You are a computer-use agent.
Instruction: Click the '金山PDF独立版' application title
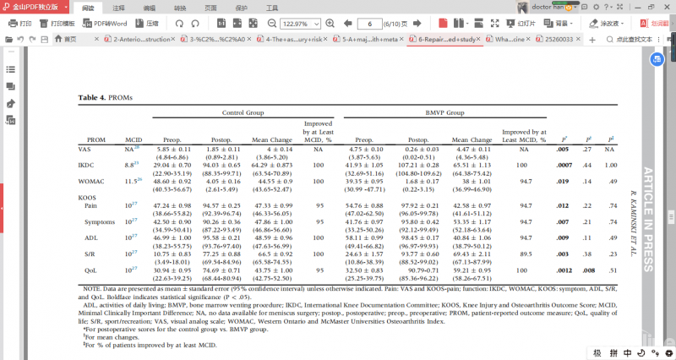point(31,7)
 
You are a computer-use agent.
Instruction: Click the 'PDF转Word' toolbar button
point(106,24)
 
